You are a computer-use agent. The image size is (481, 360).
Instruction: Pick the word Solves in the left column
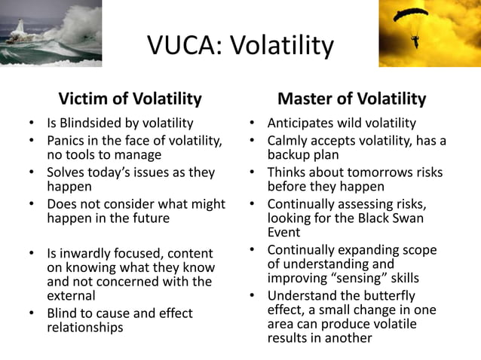click(x=66, y=172)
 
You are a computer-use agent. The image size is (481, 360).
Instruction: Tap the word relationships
click(x=84, y=327)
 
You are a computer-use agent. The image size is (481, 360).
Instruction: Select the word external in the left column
click(x=69, y=296)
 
